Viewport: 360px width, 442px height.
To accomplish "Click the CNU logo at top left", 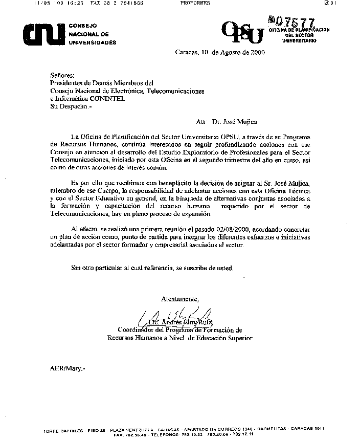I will click(41, 34).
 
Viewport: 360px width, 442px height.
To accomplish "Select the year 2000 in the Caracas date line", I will click(255, 52).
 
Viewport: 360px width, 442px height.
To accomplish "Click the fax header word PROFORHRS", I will click(195, 3).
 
